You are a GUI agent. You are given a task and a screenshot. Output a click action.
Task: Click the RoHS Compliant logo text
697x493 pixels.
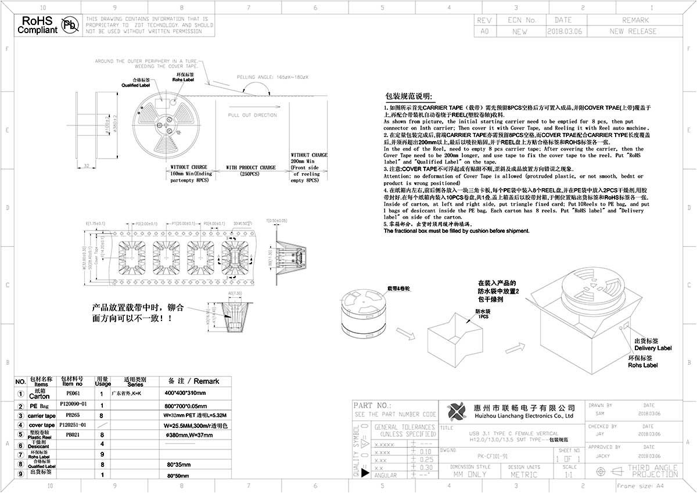38,24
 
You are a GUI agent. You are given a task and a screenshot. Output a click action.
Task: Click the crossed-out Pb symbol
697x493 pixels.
70,25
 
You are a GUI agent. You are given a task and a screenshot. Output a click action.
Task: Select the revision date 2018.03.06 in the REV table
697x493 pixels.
563,31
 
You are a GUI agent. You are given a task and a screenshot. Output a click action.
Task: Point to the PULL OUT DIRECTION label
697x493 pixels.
252,115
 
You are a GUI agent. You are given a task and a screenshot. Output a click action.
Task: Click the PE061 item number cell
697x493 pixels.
73,393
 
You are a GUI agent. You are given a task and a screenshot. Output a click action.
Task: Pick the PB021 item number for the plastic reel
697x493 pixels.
73,434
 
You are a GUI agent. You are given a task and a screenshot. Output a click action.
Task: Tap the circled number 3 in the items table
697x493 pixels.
21,416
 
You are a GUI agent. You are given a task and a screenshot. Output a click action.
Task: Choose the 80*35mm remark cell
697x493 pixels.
174,465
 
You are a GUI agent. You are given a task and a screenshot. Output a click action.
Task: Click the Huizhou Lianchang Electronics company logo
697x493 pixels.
457,412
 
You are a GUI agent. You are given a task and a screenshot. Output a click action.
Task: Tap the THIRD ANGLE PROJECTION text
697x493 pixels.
652,471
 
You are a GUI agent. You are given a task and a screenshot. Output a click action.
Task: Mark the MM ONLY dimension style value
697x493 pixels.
469,474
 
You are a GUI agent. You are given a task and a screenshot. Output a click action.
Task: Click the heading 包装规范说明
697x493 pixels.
409,96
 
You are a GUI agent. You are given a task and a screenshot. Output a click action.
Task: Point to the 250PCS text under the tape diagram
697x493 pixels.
251,174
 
